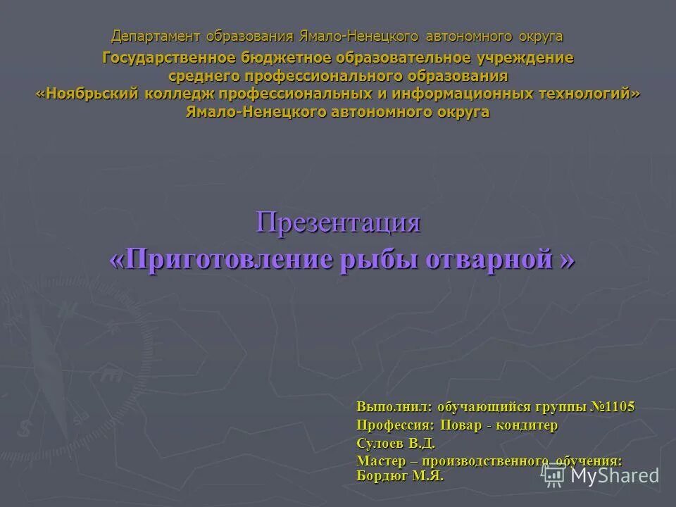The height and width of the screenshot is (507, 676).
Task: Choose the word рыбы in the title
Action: point(380,259)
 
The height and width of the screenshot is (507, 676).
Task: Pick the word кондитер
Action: point(527,425)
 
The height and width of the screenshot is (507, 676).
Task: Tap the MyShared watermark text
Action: point(615,475)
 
